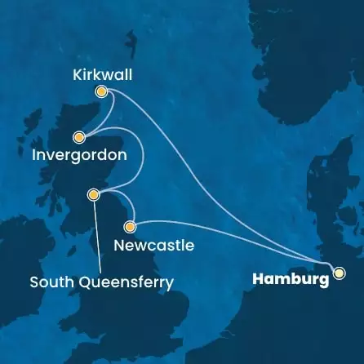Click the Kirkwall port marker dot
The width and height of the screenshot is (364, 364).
point(101,92)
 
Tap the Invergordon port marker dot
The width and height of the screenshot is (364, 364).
point(79,137)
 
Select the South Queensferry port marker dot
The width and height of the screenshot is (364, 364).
point(94,194)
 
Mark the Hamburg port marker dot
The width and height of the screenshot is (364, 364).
point(339,273)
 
